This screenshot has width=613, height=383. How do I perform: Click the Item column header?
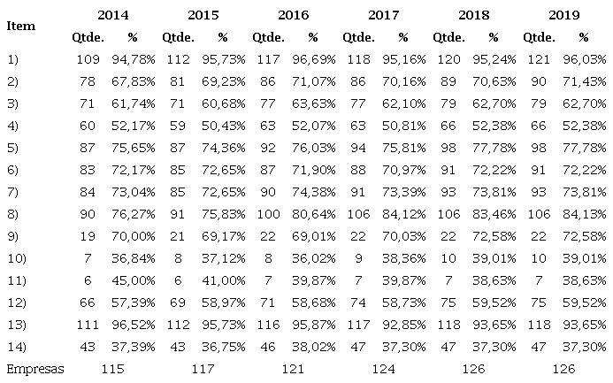21,26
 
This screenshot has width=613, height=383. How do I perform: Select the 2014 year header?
111,16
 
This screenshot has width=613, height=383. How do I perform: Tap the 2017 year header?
382,16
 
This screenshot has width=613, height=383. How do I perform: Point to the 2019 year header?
563,16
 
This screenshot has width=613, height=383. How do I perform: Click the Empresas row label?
35,368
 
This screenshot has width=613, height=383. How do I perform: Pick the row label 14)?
19,345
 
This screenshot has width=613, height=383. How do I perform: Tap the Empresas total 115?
111,368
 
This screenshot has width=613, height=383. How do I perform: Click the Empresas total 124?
382,368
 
